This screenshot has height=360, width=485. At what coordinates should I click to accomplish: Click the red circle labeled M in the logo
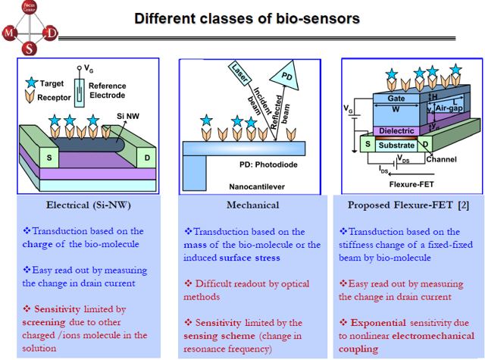click(8, 33)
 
